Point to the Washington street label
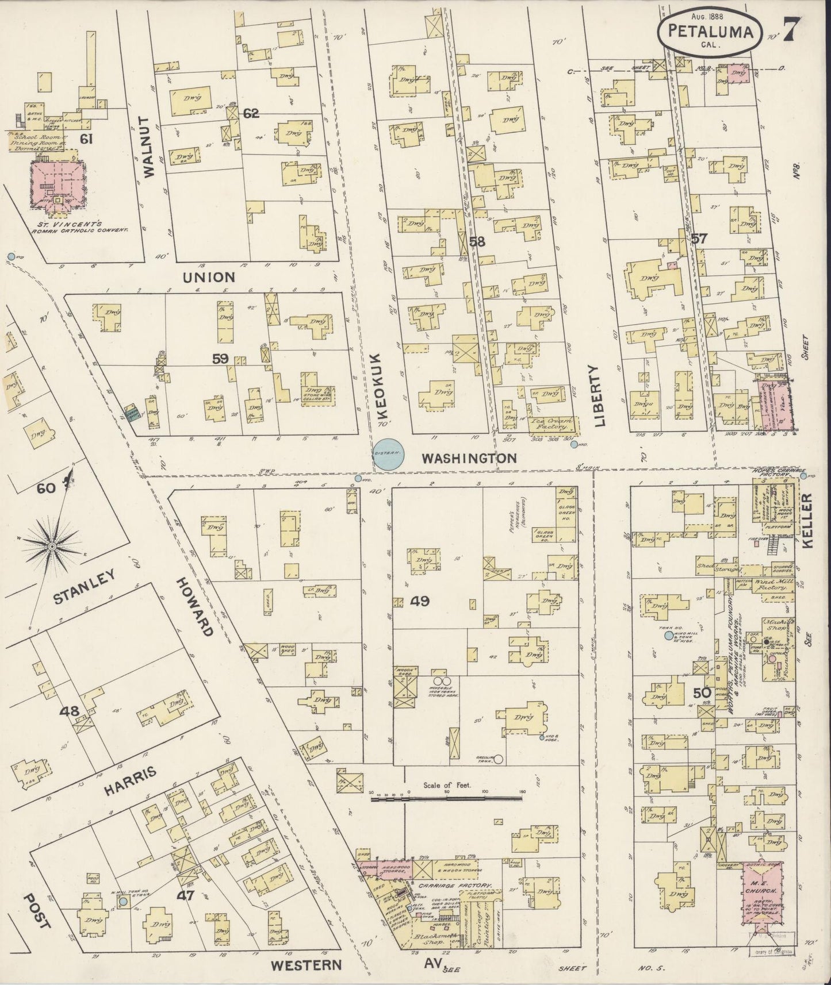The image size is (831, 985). click(469, 458)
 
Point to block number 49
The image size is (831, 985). click(420, 602)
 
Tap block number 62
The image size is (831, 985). click(251, 113)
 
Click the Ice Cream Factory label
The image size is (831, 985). click(551, 424)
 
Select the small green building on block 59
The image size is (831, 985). click(133, 413)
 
